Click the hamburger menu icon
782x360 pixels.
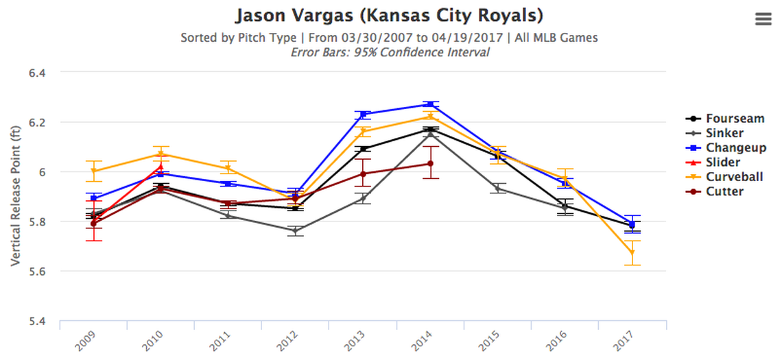(x=763, y=19)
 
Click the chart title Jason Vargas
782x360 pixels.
(x=389, y=15)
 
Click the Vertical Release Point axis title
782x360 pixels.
(x=16, y=197)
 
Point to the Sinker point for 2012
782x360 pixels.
(x=296, y=231)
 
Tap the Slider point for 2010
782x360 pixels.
(x=161, y=166)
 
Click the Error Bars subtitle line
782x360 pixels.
(x=389, y=52)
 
